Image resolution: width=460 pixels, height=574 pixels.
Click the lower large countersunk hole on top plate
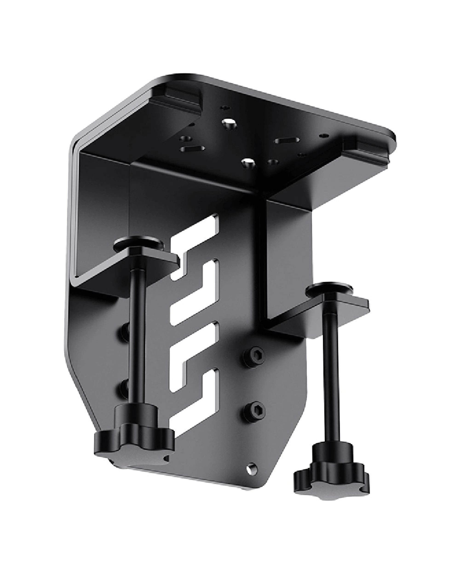(247, 162)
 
